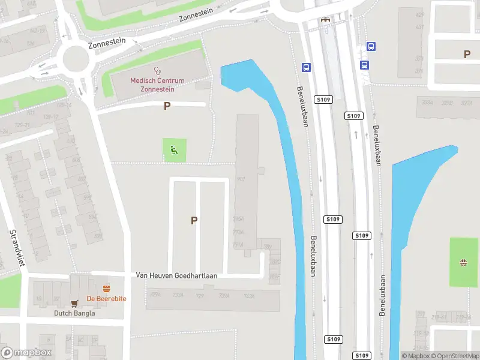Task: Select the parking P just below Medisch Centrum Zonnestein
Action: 167,106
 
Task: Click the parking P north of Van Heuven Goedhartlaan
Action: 194,220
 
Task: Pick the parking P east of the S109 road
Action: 467,55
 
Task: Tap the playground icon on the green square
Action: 175,149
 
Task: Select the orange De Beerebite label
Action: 107,298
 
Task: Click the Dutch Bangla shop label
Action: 74,313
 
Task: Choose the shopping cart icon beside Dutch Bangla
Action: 75,304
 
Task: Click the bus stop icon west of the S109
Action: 306,67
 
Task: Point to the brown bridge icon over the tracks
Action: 325,19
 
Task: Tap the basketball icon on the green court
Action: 463,262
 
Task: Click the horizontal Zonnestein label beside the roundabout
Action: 107,43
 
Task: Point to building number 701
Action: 241,179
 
